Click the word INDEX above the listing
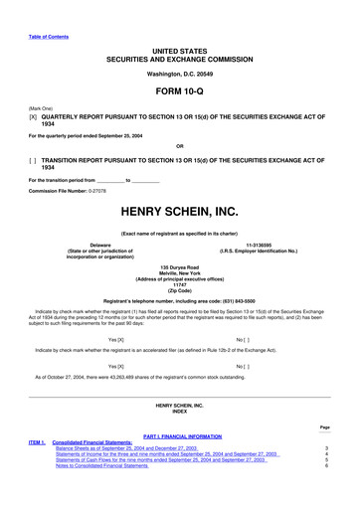pyautogui.click(x=179, y=412)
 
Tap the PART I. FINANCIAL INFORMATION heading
pyautogui.click(x=179, y=436)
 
